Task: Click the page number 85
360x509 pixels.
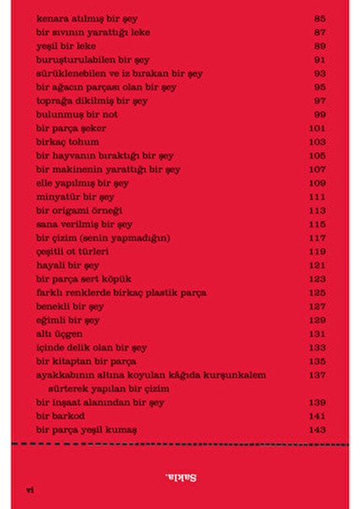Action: [x=318, y=18]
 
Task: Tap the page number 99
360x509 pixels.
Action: [x=318, y=115]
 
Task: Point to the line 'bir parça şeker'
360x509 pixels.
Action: [x=71, y=128]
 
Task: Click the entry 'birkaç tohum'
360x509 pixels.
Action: [x=67, y=142]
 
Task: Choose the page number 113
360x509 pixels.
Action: [x=318, y=210]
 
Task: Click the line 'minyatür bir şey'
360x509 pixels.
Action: [x=75, y=197]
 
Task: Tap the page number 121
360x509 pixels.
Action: [x=318, y=266]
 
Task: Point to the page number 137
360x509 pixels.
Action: [x=318, y=375]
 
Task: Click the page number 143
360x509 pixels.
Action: [x=318, y=430]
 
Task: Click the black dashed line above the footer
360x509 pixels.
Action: [x=180, y=445]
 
